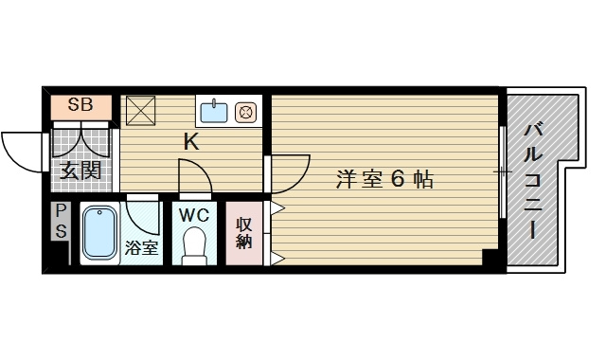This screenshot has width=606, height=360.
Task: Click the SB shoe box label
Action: (80, 104)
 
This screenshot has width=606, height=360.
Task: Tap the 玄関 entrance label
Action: (80, 171)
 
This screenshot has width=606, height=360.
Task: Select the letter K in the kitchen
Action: (191, 141)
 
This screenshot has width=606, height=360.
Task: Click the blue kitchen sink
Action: (214, 111)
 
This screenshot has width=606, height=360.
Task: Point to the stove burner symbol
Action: (245, 112)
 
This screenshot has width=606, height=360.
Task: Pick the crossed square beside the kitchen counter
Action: (141, 111)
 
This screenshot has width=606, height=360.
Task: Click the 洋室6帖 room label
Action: (384, 179)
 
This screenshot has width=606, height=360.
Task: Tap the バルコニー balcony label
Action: (533, 182)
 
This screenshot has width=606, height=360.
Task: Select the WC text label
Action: (194, 215)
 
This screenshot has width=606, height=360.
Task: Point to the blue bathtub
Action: (99, 233)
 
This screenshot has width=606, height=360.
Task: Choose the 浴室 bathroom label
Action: (141, 247)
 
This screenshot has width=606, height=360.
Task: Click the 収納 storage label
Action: (244, 233)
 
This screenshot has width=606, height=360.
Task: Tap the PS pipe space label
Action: (61, 221)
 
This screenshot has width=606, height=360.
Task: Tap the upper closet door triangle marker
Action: (277, 208)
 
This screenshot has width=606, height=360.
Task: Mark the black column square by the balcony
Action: (490, 257)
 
